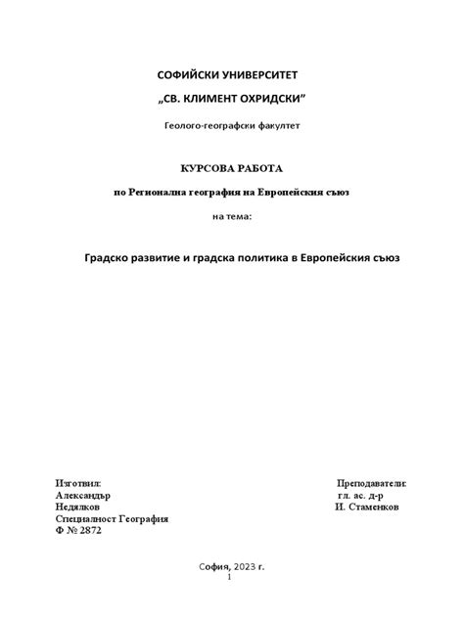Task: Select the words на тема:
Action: point(232,216)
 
